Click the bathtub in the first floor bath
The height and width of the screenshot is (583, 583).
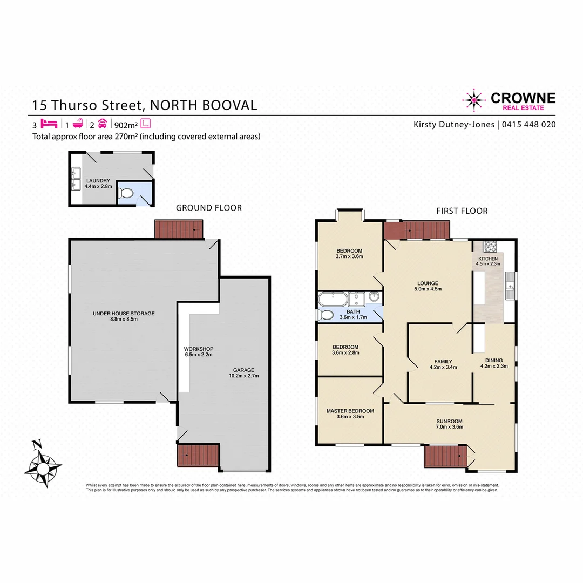pos(331,300)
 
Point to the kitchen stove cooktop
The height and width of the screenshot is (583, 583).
pos(490,247)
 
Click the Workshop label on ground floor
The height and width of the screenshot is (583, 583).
pos(195,348)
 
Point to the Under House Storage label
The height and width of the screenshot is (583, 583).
pos(124,313)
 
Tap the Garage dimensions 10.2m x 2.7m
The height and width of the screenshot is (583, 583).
pos(244,376)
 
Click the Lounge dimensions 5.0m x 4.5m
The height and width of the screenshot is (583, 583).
pos(427,289)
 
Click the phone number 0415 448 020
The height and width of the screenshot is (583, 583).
pos(529,125)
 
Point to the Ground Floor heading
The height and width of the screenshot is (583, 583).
pos(209,208)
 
